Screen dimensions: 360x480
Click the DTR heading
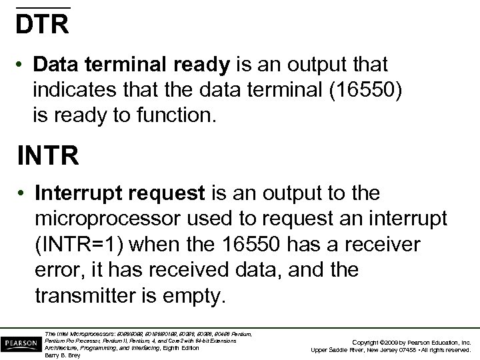(x=43, y=24)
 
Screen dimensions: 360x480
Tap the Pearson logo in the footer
(x=19, y=343)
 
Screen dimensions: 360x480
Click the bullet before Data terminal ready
(x=23, y=65)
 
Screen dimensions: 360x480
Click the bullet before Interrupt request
(x=23, y=194)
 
